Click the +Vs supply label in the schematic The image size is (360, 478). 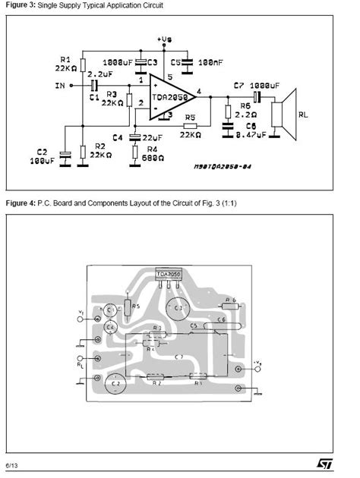click(x=165, y=38)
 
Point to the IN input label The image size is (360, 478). click(x=60, y=86)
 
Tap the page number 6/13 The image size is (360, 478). click(x=13, y=463)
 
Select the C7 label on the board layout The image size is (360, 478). click(x=179, y=356)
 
